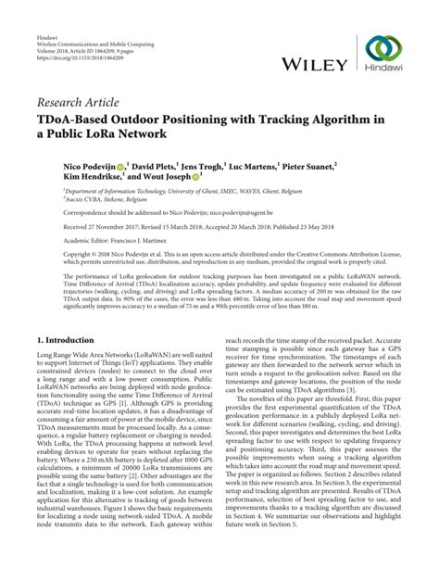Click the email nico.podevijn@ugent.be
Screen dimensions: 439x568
(230, 211)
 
